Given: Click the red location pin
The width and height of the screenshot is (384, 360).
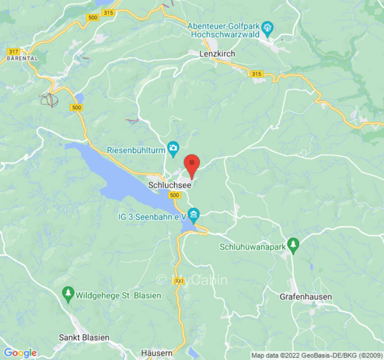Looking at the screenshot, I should click(x=192, y=165).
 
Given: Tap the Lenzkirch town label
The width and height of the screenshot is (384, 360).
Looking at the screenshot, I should click(x=217, y=54).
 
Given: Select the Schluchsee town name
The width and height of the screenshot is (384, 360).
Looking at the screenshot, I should click(x=170, y=184).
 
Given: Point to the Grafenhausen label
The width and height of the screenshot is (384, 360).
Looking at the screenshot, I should click(x=306, y=297).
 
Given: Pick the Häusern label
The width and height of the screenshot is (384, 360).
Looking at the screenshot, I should click(x=156, y=353).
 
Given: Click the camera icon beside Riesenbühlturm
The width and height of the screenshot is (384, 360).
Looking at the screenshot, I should click(x=173, y=147).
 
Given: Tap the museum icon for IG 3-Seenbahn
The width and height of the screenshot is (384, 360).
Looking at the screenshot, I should click(x=194, y=213).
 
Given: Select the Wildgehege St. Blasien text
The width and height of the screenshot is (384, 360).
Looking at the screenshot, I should click(x=118, y=296).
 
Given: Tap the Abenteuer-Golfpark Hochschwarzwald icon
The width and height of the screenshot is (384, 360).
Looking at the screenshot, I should click(x=269, y=28).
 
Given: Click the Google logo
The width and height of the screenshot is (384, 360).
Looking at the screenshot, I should click(x=20, y=353).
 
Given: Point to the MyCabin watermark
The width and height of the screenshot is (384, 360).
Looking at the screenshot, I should click(x=192, y=280).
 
